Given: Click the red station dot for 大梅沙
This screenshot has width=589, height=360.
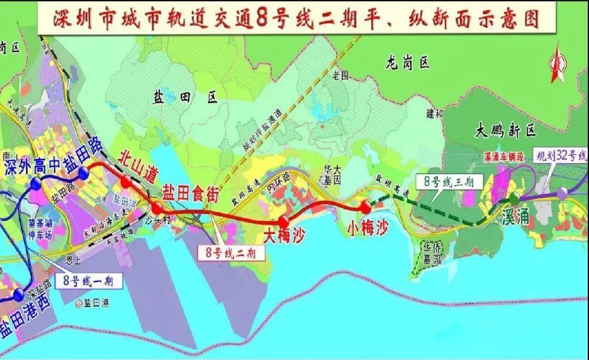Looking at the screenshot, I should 284,221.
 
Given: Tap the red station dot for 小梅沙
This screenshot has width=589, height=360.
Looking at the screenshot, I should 365,207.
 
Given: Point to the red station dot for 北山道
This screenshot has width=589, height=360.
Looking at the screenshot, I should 126,182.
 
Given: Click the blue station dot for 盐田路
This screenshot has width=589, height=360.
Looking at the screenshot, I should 84,171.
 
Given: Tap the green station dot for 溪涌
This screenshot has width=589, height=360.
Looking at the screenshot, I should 514,198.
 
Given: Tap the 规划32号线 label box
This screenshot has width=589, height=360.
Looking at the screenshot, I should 559,155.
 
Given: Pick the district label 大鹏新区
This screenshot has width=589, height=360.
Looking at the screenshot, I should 505,131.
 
